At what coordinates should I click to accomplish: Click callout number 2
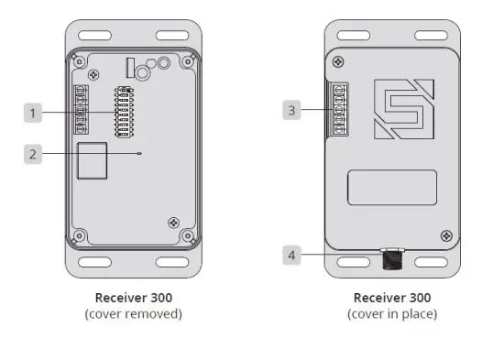click(33, 154)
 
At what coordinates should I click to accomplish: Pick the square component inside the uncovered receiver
click(91, 161)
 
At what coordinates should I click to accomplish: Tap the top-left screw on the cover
click(340, 62)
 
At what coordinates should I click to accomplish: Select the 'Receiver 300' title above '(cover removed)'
click(134, 298)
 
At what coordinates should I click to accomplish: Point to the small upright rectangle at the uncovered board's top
click(129, 66)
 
